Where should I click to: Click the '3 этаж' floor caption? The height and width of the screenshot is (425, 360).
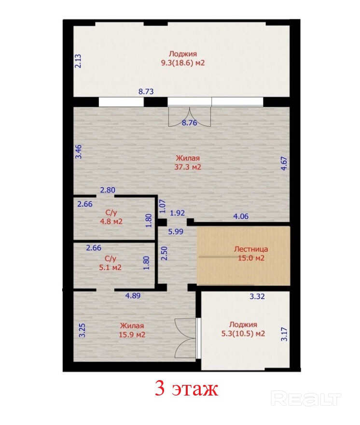click(x=186, y=389)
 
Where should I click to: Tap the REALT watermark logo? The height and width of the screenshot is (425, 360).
click(x=306, y=398)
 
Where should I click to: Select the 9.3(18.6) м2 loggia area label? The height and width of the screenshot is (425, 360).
click(x=183, y=63)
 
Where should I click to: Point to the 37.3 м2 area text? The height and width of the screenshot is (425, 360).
click(x=188, y=167)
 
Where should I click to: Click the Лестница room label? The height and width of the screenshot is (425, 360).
click(x=251, y=249)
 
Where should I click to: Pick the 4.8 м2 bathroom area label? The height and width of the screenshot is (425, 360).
click(x=111, y=222)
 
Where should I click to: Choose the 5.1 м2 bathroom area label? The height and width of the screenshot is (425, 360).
click(x=110, y=268)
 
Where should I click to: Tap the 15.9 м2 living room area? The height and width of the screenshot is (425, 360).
click(x=132, y=335)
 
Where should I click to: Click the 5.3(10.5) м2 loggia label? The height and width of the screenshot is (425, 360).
click(x=243, y=333)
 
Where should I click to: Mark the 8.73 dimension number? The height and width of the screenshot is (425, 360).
click(x=146, y=91)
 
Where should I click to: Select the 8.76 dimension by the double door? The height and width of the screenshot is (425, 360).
click(x=189, y=123)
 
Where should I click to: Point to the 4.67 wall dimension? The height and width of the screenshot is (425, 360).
click(x=284, y=163)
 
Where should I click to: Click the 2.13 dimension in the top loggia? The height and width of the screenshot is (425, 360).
click(x=78, y=61)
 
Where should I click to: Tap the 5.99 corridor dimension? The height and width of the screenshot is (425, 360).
click(x=176, y=231)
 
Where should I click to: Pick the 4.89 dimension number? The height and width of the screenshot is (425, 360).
click(x=133, y=296)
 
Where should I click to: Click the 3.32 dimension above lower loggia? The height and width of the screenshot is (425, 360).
click(x=257, y=296)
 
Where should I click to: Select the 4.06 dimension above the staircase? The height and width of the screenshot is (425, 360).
click(x=241, y=216)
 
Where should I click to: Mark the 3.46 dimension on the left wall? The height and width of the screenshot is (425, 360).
click(x=78, y=152)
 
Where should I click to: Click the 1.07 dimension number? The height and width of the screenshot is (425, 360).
click(x=162, y=206)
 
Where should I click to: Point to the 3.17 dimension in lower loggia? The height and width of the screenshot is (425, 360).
click(x=284, y=334)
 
